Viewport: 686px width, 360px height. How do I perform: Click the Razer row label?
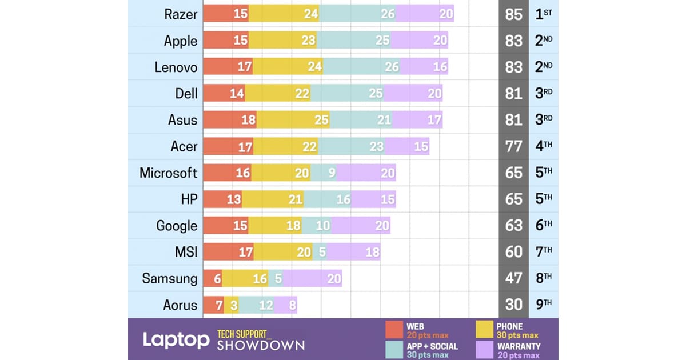pyautogui.click(x=181, y=14)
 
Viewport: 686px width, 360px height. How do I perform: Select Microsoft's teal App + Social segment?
pyautogui.click(x=324, y=173)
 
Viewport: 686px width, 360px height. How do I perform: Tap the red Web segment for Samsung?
pyautogui.click(x=213, y=278)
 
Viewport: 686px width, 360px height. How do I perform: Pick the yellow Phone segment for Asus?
pyautogui.click(x=293, y=120)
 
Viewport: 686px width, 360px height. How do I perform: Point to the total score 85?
pyautogui.click(x=514, y=14)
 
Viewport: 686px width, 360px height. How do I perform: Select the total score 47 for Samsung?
pyautogui.click(x=514, y=278)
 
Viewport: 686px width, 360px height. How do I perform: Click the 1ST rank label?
pyautogui.click(x=543, y=14)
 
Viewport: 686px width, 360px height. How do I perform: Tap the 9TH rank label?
pyautogui.click(x=543, y=305)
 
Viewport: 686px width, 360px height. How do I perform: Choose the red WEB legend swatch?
pyautogui.click(x=394, y=330)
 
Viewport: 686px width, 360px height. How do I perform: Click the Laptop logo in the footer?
pyautogui.click(x=176, y=340)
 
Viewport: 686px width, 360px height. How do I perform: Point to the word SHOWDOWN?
pyautogui.click(x=260, y=345)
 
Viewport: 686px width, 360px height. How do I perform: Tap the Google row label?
pyautogui.click(x=177, y=226)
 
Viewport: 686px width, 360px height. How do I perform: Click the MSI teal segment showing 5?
pyautogui.click(x=320, y=252)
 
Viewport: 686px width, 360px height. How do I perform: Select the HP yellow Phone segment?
pyautogui.click(x=273, y=199)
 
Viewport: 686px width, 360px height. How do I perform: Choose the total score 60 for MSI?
pyautogui.click(x=514, y=252)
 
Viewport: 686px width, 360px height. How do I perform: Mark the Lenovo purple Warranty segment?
pyautogui.click(x=424, y=67)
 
